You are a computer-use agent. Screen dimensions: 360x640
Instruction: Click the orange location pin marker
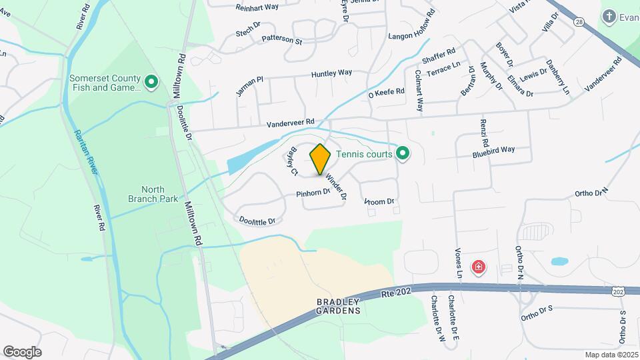pyautogui.click(x=320, y=159)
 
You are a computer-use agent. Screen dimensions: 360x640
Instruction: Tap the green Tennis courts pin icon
pyautogui.click(x=402, y=154)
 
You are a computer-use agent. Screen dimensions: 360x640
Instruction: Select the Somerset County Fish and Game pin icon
pyautogui.click(x=151, y=83)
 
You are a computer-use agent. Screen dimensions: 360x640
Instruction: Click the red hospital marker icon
pyautogui.click(x=478, y=268)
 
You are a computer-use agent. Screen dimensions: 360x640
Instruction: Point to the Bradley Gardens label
pyautogui.click(x=338, y=306)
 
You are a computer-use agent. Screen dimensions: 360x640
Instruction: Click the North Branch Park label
pyautogui.click(x=146, y=194)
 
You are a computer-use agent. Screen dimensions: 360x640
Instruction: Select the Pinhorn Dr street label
pyautogui.click(x=313, y=193)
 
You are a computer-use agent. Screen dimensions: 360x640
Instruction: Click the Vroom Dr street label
pyautogui.click(x=380, y=201)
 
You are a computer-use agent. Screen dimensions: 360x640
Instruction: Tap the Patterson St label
pyautogui.click(x=282, y=39)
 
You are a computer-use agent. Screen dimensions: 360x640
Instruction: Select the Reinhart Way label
pyautogui.click(x=257, y=8)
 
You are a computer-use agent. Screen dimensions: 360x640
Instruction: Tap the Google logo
pyautogui.click(x=22, y=351)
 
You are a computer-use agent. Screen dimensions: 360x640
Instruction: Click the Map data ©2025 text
pyautogui.click(x=611, y=355)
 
